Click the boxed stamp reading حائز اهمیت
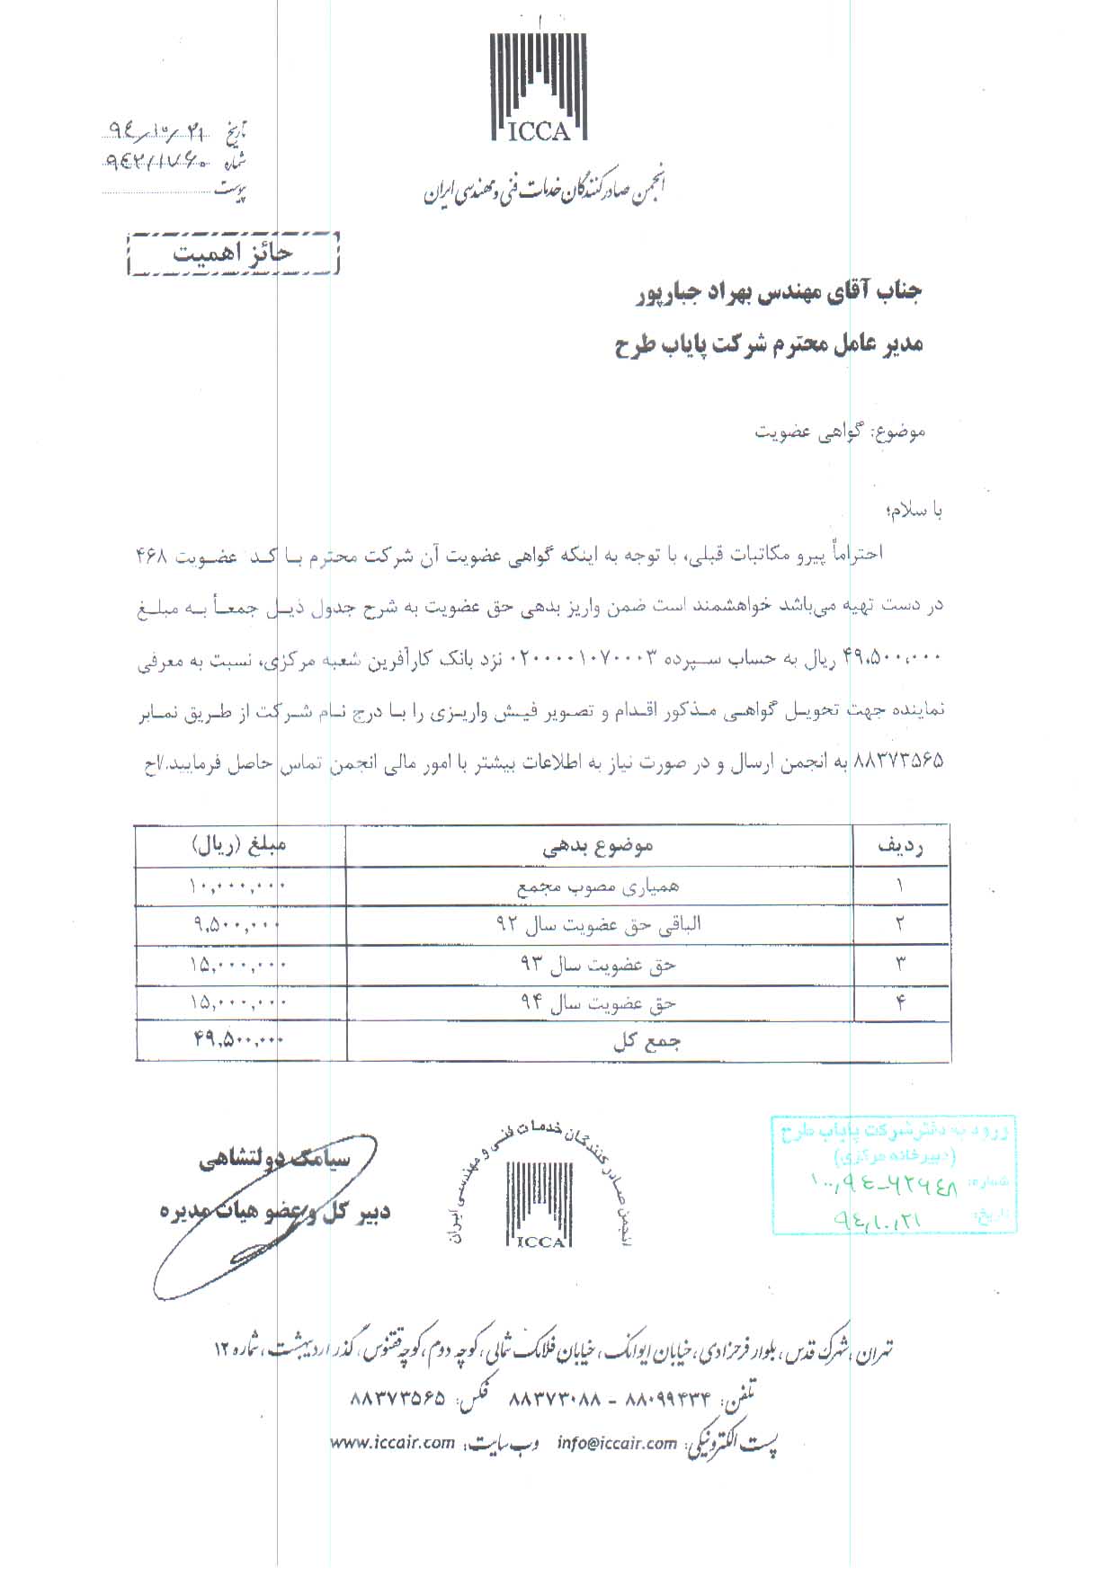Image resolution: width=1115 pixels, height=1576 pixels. (x=234, y=253)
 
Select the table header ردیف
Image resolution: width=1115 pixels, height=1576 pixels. (x=900, y=845)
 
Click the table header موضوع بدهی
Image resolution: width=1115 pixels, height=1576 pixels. (x=598, y=845)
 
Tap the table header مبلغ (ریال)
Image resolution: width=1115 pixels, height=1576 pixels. (x=238, y=845)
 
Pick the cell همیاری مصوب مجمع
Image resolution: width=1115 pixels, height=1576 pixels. (x=598, y=886)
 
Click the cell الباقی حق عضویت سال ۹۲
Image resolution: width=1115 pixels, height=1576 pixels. (x=598, y=924)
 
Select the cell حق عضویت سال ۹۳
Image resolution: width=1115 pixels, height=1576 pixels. (x=598, y=965)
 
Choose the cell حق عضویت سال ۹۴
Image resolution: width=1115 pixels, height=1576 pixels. (x=598, y=1003)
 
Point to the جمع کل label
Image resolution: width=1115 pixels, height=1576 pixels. (x=647, y=1042)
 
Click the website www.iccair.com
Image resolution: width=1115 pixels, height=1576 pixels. (x=392, y=1468)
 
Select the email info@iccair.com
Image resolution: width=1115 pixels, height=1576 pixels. (x=616, y=1468)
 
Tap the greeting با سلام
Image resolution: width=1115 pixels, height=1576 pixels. (x=913, y=511)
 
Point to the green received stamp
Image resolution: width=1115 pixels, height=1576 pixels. (x=894, y=1173)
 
